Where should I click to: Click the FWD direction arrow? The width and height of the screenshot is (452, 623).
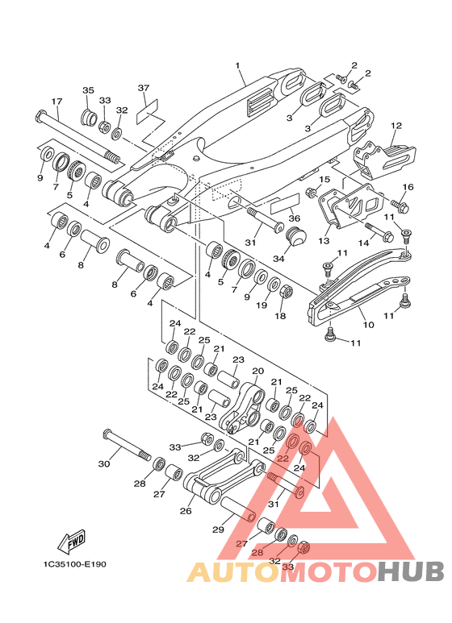[x=72, y=542]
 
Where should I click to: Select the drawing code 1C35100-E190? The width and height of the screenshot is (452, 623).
[x=75, y=564]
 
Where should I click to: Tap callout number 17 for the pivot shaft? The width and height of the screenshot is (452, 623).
[x=56, y=102]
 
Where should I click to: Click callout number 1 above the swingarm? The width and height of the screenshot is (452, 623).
[x=238, y=65]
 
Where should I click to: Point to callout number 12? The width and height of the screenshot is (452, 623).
[x=396, y=126]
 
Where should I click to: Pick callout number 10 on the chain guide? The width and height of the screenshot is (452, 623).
[x=368, y=325]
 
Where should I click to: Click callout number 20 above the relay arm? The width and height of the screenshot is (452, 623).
[x=257, y=371]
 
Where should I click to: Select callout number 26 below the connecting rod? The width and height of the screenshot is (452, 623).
[x=186, y=510]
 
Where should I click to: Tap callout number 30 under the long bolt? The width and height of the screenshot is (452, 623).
[x=104, y=463]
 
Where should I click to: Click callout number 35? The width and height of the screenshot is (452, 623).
[x=88, y=90]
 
